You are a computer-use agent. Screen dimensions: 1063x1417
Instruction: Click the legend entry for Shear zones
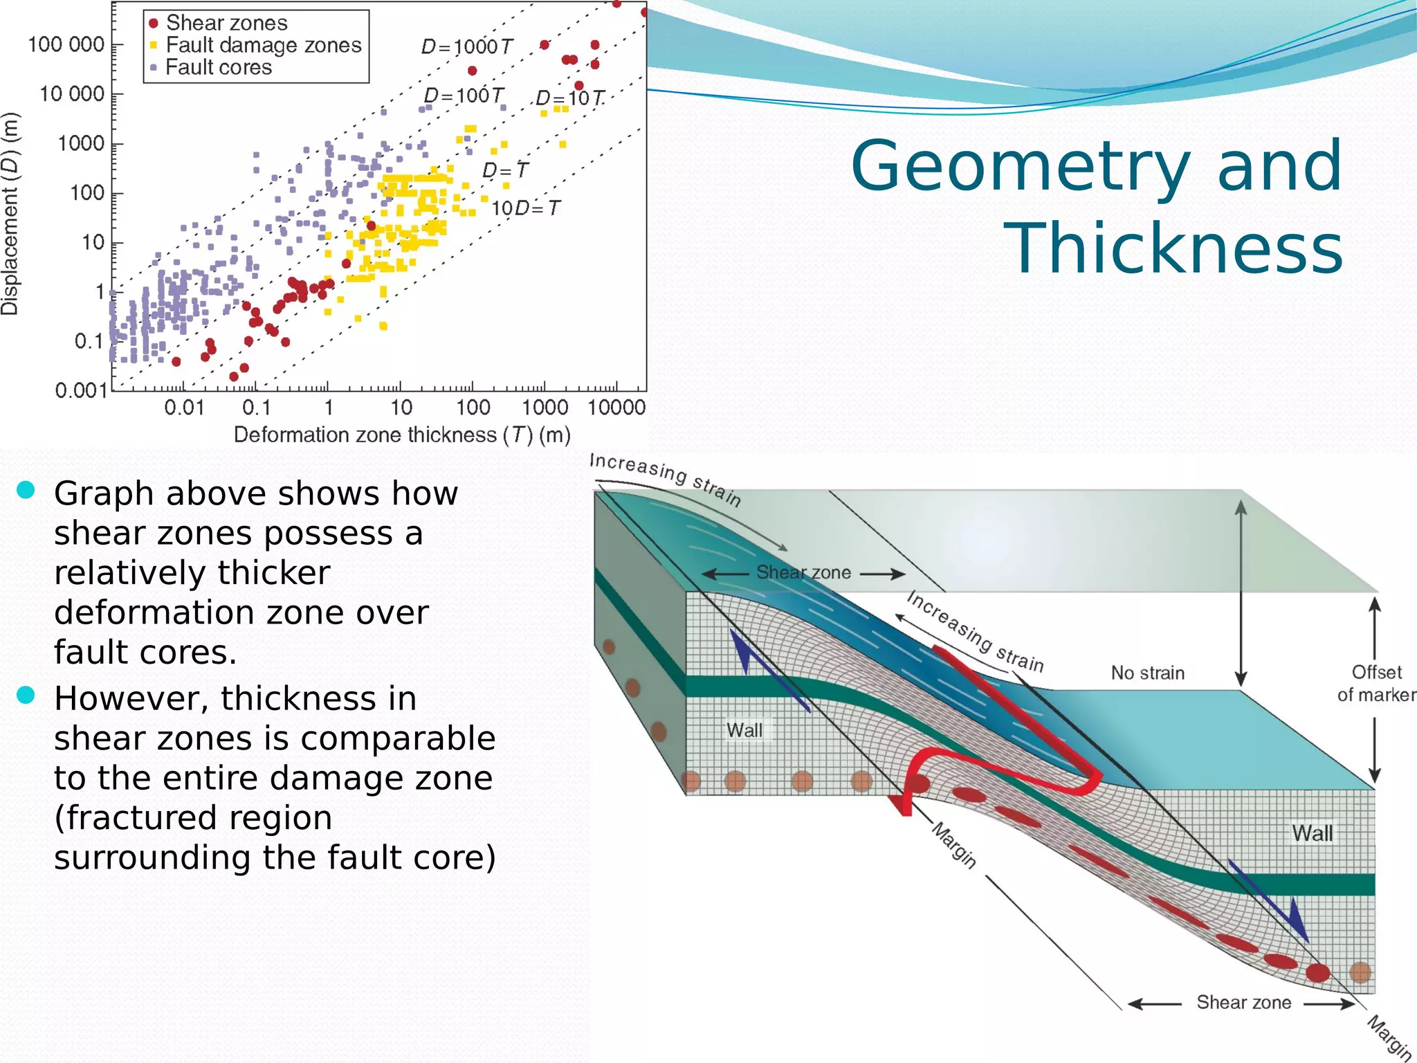point(226,23)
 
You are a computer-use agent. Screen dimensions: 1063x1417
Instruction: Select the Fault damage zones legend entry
point(263,45)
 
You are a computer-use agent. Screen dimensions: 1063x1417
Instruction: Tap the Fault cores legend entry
point(219,67)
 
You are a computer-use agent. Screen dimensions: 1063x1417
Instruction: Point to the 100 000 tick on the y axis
point(66,44)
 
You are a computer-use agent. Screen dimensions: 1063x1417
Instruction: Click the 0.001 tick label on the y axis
point(81,390)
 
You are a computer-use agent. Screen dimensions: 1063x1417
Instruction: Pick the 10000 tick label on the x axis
point(616,408)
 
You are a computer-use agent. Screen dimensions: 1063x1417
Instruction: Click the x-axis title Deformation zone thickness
point(401,435)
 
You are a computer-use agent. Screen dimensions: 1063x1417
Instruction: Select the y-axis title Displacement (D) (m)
point(10,214)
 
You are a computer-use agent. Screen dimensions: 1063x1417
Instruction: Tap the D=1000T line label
point(466,47)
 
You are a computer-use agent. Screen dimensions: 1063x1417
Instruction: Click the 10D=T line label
point(525,208)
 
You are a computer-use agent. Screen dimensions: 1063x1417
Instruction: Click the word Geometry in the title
point(1020,166)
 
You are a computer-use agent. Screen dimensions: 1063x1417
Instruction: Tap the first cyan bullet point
point(26,490)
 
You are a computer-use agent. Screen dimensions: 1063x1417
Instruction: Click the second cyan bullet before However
point(26,695)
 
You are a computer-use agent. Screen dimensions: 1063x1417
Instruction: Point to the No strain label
point(1147,673)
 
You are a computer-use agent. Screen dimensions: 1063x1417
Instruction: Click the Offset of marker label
point(1375,683)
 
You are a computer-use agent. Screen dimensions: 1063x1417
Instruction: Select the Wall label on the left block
point(744,730)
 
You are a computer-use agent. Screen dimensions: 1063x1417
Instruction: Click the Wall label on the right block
point(1312,833)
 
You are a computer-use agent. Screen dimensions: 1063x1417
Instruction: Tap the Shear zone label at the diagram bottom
point(1243,1002)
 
